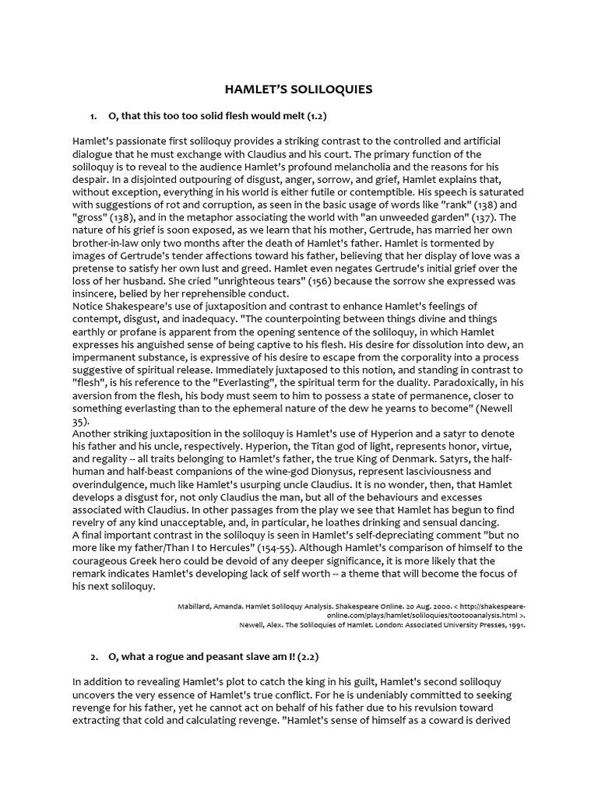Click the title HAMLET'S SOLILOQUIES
pyautogui.click(x=299, y=90)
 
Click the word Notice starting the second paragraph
pyautogui.click(x=90, y=306)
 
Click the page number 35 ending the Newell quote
pyautogui.click(x=80, y=420)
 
